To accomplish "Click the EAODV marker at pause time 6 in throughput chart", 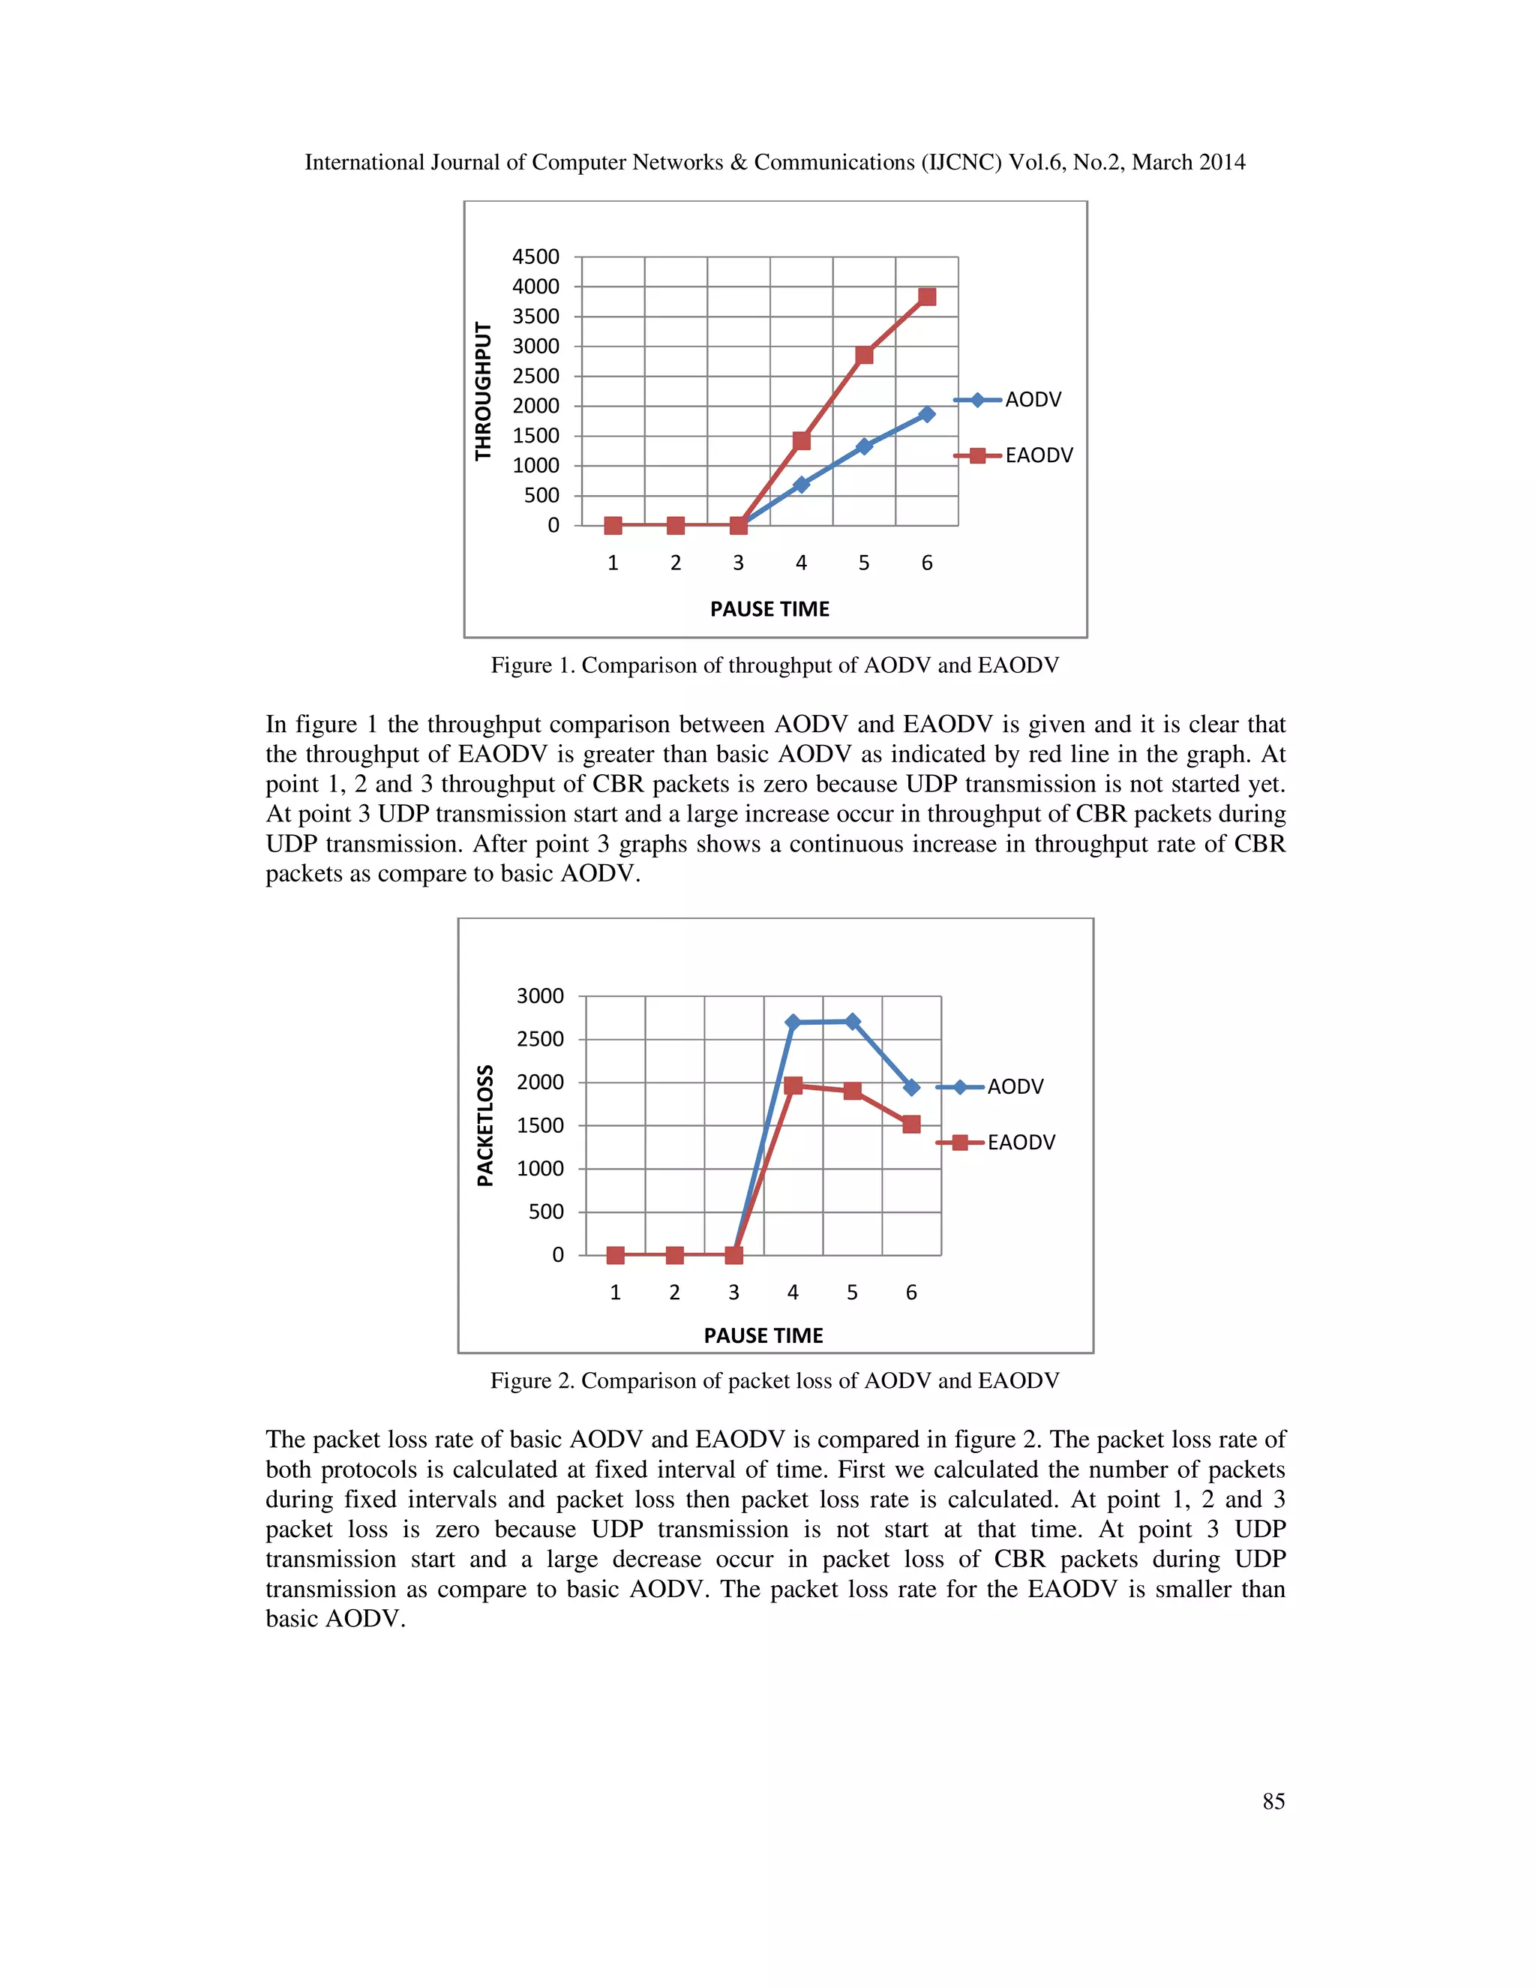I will coord(926,297).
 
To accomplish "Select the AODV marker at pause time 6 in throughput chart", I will coord(926,414).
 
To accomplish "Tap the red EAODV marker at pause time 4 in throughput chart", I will coord(801,441).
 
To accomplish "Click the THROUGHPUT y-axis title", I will coord(483,392).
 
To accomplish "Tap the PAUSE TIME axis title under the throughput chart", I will coord(769,609).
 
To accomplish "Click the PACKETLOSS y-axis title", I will coord(486,1125).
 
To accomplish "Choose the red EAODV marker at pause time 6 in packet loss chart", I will coord(910,1125).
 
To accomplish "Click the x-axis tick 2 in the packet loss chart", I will coord(674,1293).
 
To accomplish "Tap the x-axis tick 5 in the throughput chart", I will coord(863,563).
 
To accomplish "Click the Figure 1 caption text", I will coord(774,665).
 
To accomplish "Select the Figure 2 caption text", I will coord(774,1381).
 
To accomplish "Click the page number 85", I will coord(1273,1801).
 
